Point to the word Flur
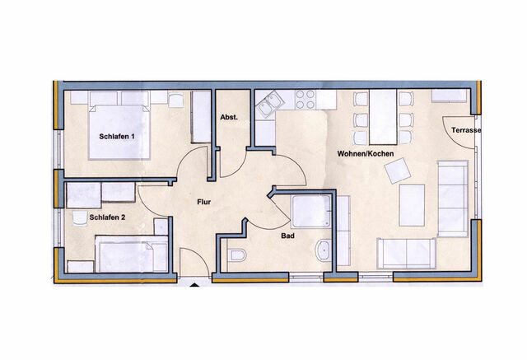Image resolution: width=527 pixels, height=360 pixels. pos(206,200)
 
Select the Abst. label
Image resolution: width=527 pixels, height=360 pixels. pos(229,118)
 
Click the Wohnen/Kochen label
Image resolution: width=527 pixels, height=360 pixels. pos(364,154)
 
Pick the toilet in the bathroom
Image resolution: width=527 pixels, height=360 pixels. pos(236,255)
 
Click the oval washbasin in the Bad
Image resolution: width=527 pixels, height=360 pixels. pos(323,250)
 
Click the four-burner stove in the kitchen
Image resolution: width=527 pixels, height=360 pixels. pos(304,100)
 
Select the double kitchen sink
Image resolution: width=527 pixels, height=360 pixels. pos(269,105)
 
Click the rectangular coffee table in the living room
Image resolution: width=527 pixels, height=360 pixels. pos(412,205)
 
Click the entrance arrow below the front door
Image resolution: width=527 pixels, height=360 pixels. pos(194,285)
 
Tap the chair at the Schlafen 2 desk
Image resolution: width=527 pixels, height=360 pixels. pos(80,218)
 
